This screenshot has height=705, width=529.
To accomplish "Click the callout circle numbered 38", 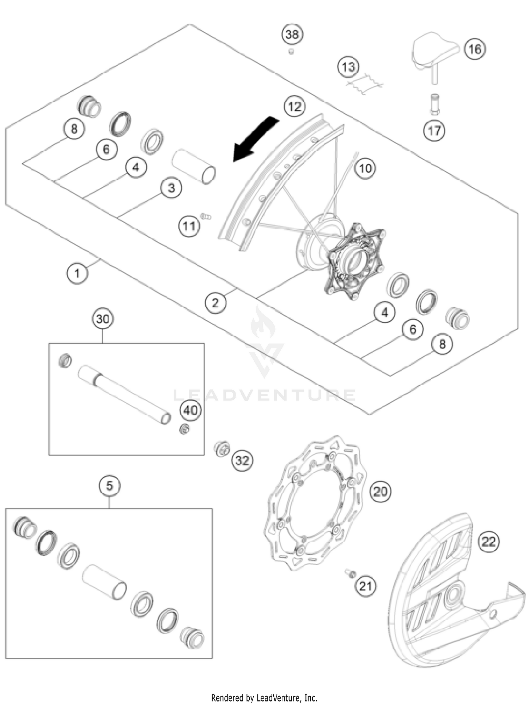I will tap(292, 35).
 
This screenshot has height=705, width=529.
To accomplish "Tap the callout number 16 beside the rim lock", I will tap(475, 49).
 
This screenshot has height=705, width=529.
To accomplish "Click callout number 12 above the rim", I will tap(294, 106).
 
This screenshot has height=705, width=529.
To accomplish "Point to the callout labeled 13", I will tap(348, 67).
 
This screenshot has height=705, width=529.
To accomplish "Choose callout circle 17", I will tap(434, 131).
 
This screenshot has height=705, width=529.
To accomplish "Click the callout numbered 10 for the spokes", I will tap(365, 168).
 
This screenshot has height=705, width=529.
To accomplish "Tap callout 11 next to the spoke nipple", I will tap(189, 226).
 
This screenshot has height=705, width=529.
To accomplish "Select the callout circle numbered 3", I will tap(171, 188).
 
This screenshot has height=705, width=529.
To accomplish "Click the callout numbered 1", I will tap(77, 273).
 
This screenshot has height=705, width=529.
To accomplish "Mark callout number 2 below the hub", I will tap(215, 302).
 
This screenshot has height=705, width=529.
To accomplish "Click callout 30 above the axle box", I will tap(103, 319).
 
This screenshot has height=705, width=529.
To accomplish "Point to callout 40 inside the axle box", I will tap(190, 410).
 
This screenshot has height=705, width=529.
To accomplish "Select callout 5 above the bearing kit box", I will tap(109, 486).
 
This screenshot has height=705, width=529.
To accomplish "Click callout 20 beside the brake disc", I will tap(380, 491).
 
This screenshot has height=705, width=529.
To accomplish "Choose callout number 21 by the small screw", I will tap(365, 586).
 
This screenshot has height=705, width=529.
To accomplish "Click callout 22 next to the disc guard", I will tap(489, 541).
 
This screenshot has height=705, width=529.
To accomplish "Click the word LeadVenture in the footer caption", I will tap(279, 698).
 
